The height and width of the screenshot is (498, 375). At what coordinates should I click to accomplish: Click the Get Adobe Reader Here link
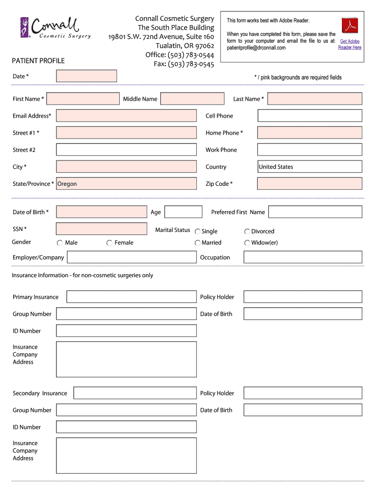(350, 44)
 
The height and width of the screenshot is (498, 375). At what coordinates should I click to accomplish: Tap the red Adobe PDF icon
(350, 25)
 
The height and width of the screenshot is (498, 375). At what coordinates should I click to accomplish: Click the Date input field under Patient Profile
(86, 76)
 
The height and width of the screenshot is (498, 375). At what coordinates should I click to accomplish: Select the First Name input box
(83, 99)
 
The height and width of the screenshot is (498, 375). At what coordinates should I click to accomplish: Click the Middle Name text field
(192, 99)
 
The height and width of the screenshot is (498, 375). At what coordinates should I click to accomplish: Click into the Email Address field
(126, 116)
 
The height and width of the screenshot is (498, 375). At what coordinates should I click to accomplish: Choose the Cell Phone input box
(309, 116)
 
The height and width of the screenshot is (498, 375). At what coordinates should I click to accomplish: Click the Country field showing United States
(309, 167)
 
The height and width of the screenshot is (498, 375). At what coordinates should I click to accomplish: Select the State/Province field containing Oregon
(126, 184)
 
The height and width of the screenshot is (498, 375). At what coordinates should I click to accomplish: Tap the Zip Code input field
(309, 184)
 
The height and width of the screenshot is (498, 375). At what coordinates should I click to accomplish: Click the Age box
(183, 212)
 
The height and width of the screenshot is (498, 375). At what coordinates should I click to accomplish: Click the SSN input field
(101, 229)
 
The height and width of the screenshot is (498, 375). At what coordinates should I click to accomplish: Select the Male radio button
(60, 243)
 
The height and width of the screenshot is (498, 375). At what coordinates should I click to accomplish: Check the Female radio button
(110, 243)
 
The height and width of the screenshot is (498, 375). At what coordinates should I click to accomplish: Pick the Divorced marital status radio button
(247, 232)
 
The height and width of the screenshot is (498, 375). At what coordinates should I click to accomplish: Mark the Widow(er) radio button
(247, 243)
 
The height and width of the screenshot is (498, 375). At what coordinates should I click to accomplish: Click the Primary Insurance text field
(131, 297)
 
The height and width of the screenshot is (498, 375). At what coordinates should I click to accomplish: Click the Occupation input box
(302, 257)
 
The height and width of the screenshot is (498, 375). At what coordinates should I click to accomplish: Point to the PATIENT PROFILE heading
(38, 61)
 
